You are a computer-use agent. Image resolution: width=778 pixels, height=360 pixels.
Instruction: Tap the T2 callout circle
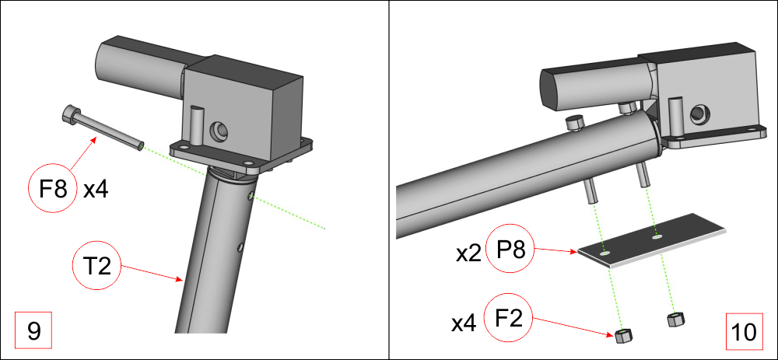click(97, 267)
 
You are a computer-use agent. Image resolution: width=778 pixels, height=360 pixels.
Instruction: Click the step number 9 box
click(33, 330)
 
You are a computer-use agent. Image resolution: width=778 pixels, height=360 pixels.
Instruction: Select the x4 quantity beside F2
click(464, 323)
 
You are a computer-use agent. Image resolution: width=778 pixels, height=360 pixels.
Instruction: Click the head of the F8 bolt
click(71, 114)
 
